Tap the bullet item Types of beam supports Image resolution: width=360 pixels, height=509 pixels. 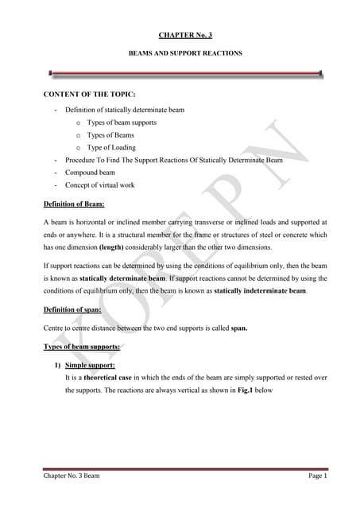point(122,122)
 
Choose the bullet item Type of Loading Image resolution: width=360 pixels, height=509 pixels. point(111,147)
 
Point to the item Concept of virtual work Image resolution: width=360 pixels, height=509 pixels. point(99,185)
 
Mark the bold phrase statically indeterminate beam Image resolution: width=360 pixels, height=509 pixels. point(259,291)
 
